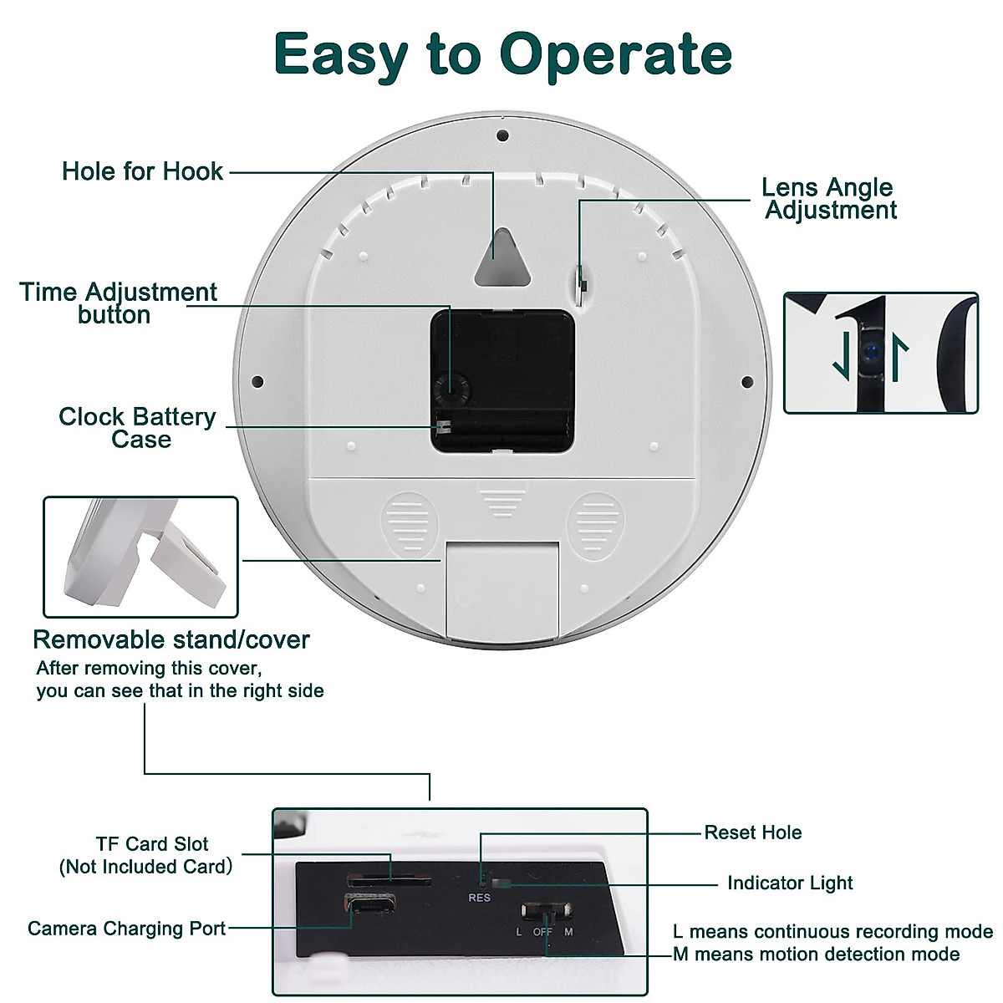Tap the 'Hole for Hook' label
pos(142,171)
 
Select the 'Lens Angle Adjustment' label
pos(829,199)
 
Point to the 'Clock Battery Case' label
pos(138,428)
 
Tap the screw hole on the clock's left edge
pos(257,382)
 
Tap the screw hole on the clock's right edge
pos(746,382)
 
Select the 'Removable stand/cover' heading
pos(171,639)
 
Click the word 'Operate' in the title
pos(616,55)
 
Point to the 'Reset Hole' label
pos(752,832)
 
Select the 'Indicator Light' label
pos(790,883)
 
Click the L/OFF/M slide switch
pos(545,911)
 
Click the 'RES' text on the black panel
pos(480,898)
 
